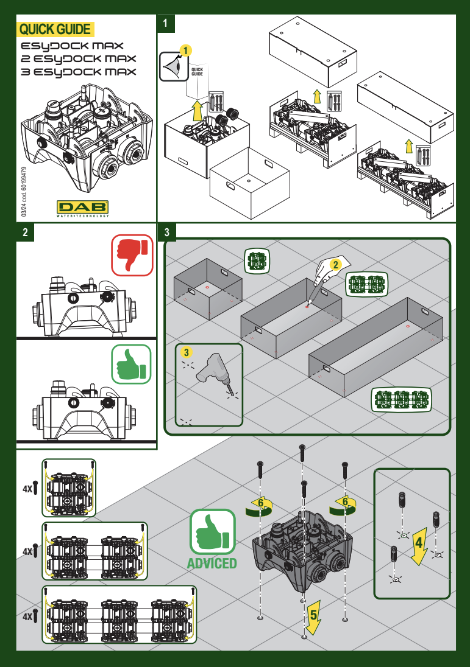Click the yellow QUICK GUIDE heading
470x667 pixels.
(55, 29)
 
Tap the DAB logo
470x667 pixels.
(83, 207)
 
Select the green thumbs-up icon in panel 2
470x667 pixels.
(131, 364)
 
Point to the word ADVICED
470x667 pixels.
(212, 563)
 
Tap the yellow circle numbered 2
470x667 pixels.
(335, 265)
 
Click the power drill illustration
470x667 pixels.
(213, 373)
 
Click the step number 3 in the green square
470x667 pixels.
(166, 232)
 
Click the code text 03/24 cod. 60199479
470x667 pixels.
(24, 192)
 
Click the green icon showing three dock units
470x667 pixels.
(401, 399)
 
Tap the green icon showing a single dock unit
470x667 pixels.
(257, 260)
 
